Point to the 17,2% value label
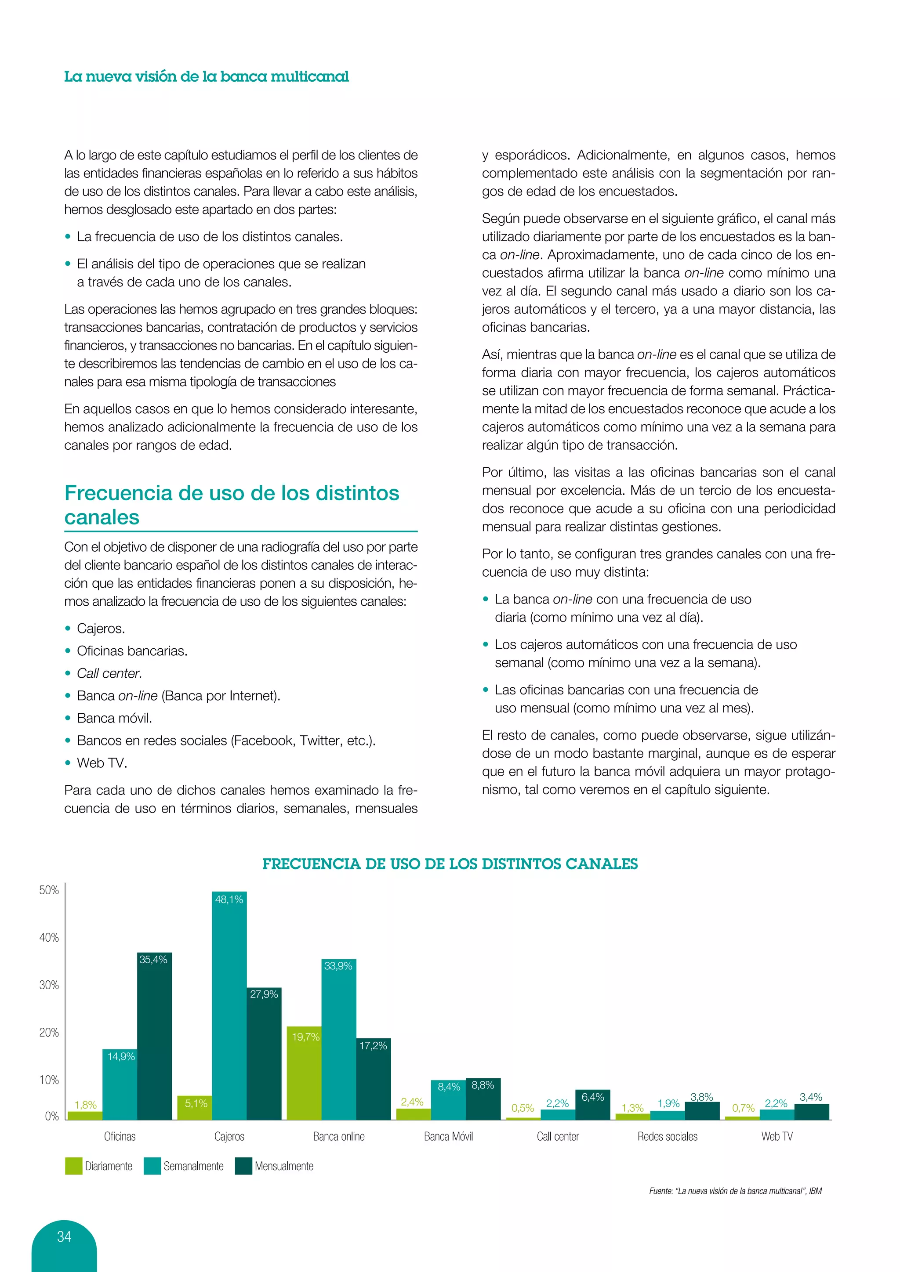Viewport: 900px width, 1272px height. [373, 1045]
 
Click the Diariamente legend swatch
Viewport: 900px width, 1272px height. [74, 1166]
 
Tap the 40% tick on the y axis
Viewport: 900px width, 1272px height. [49, 937]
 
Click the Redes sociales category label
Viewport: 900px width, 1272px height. [667, 1136]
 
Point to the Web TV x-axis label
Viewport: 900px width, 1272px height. [777, 1136]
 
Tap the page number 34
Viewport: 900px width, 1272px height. [64, 1236]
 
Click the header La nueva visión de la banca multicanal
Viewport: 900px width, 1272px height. [206, 76]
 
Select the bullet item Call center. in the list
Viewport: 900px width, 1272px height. [109, 673]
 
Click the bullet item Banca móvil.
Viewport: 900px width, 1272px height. [114, 718]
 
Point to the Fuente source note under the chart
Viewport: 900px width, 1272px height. [735, 1191]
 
